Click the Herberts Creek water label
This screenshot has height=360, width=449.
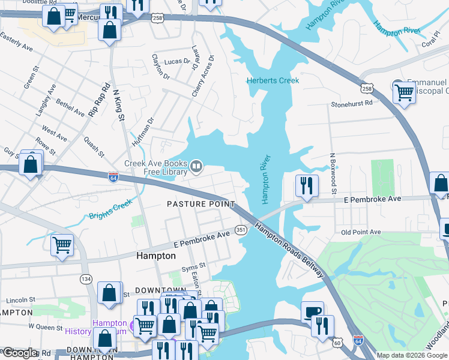pyautogui.click(x=273, y=80)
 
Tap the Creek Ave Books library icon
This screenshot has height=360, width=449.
pyautogui.click(x=196, y=165)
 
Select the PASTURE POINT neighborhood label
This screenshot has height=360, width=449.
pyautogui.click(x=200, y=204)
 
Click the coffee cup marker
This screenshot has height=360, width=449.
pyautogui.click(x=312, y=313)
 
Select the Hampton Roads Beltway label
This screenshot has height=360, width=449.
pyautogui.click(x=290, y=250)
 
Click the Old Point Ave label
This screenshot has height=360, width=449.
pyautogui.click(x=361, y=232)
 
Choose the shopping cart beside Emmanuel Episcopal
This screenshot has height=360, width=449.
pyautogui.click(x=405, y=93)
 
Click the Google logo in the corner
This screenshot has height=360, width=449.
pyautogui.click(x=19, y=353)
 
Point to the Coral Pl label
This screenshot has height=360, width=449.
pyautogui.click(x=431, y=43)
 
